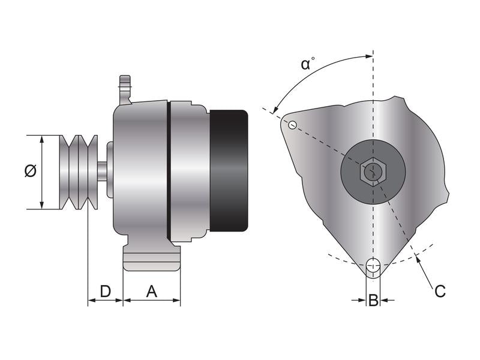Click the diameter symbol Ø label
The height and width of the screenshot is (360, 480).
pyautogui.click(x=30, y=172)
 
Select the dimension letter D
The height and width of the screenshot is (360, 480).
pyautogui.click(x=105, y=292)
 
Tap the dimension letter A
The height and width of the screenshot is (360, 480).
pyautogui.click(x=152, y=292)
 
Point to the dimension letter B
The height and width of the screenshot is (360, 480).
pyautogui.click(x=373, y=300)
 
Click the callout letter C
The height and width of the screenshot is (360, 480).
pyautogui.click(x=440, y=292)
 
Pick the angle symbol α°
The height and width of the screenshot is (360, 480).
pyautogui.click(x=307, y=64)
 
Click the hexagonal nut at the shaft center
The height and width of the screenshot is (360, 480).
pyautogui.click(x=373, y=172)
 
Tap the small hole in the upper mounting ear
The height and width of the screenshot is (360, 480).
pyautogui.click(x=292, y=125)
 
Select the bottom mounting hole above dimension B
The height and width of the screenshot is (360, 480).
pyautogui.click(x=373, y=265)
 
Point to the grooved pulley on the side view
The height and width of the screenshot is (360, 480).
pyautogui.click(x=79, y=172)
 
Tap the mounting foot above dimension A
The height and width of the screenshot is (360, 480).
pyautogui.click(x=151, y=259)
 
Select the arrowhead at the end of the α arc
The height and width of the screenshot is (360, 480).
pyautogui.click(x=275, y=110)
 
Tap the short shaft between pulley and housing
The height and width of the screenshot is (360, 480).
pyautogui.click(x=103, y=172)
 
